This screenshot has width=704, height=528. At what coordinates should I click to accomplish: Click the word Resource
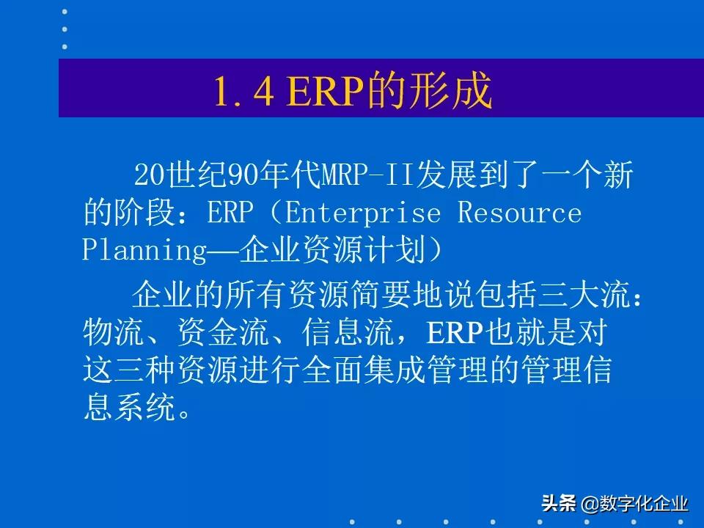[x=520, y=213]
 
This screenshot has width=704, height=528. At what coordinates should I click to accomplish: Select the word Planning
[x=144, y=250]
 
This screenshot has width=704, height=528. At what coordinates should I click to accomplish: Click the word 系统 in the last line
[x=144, y=408]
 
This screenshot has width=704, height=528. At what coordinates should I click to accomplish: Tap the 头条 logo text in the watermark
[x=559, y=504]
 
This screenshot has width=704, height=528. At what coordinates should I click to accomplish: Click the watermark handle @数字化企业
[x=635, y=504]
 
